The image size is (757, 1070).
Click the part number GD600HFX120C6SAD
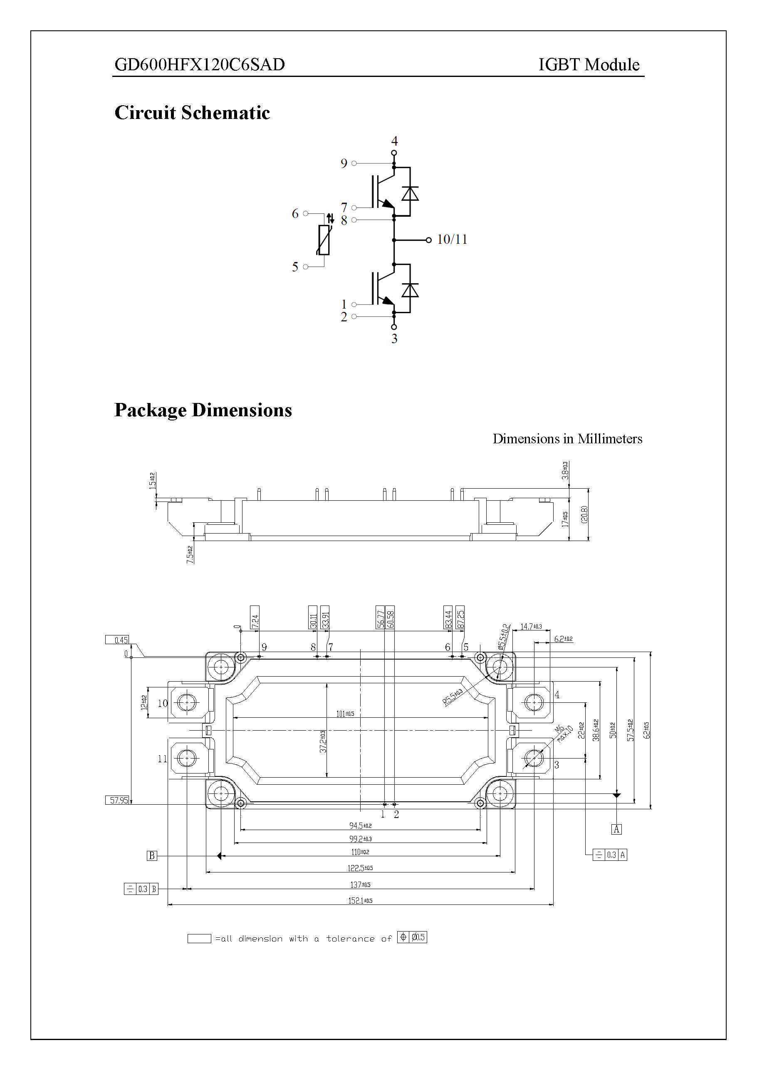tap(200, 65)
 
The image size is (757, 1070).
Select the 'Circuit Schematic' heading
tap(192, 113)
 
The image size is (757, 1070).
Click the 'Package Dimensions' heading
tap(203, 410)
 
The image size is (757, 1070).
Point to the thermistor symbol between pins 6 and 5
tap(324, 240)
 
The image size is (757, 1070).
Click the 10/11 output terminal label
tap(452, 240)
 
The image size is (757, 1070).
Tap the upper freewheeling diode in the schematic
tap(410, 193)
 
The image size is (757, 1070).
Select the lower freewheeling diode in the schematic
tap(410, 290)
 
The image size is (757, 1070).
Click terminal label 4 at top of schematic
tap(394, 141)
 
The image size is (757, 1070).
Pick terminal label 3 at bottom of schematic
tap(394, 339)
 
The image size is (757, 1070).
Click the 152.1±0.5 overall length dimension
tap(360, 901)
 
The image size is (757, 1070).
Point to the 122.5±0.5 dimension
tap(360, 868)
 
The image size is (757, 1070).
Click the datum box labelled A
tap(616, 829)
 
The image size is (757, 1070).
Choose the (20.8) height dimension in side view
tap(584, 514)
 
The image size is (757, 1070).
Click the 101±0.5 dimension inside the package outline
tap(345, 714)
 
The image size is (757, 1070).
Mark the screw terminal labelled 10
tap(187, 702)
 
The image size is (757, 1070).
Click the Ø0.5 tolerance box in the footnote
tap(418, 937)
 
